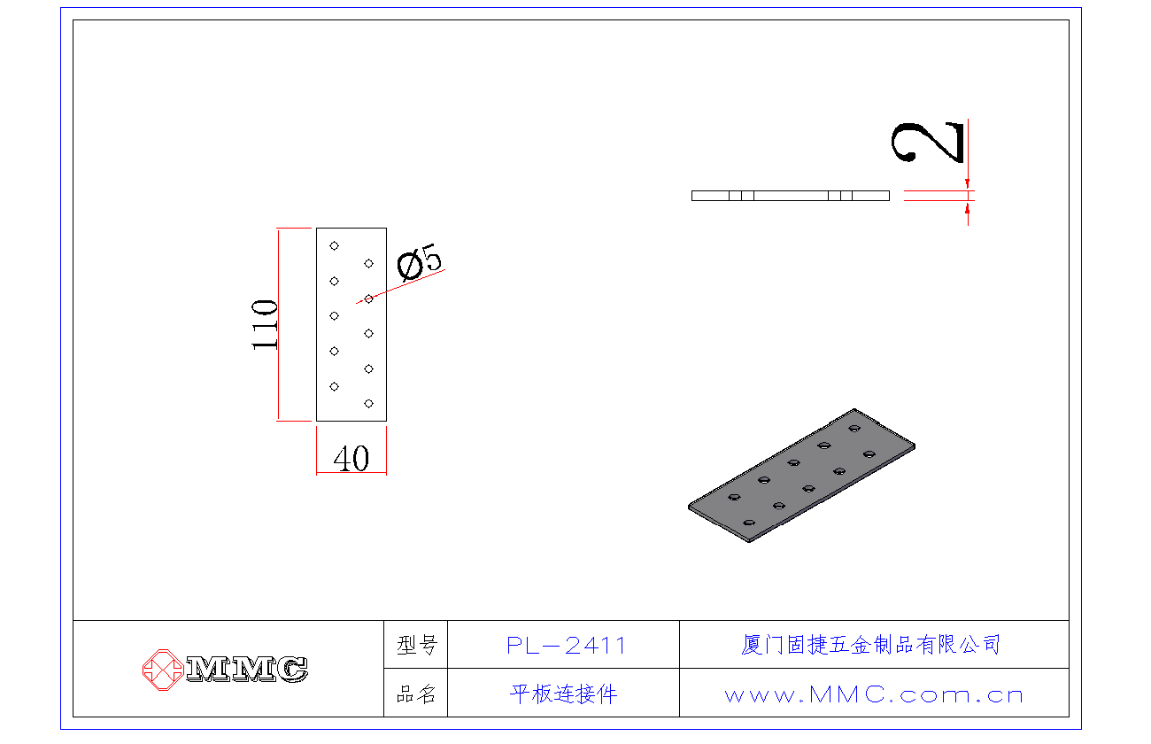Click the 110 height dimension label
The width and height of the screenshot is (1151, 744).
265,324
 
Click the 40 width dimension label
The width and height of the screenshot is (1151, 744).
351,458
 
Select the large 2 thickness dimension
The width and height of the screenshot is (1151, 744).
928,143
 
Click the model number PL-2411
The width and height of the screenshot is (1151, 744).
566,646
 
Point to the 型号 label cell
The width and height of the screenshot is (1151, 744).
416,645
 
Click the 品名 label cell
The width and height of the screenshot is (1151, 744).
416,694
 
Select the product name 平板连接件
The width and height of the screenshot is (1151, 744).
564,694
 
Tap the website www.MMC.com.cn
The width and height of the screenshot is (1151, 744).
874,695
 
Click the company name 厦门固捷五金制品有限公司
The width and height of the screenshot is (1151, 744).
871,645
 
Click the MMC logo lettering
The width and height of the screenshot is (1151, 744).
247,670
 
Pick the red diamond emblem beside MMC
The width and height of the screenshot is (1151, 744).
163,670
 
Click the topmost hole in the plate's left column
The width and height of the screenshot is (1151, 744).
334,245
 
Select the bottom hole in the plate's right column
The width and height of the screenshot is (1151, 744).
368,404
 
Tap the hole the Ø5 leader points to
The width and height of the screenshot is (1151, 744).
368,298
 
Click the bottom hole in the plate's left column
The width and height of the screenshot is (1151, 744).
334,387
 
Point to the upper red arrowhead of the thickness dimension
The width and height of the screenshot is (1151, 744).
968,184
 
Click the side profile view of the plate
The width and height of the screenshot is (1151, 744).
791,196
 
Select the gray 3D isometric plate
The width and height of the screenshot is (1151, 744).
801,476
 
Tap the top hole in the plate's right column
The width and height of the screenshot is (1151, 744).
368,264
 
